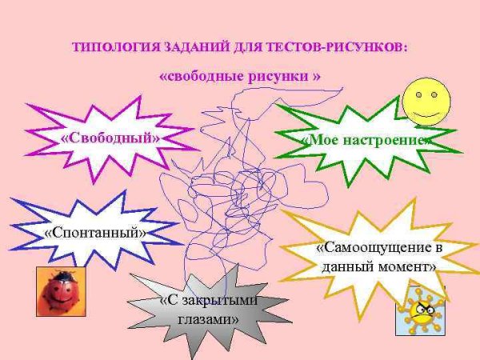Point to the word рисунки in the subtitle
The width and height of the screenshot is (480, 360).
(274, 77)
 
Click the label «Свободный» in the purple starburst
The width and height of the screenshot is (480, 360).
(110, 138)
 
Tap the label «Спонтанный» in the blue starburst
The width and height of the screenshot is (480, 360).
(96, 233)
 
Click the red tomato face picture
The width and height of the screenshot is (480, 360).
(61, 291)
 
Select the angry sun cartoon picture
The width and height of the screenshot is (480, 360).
(420, 310)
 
